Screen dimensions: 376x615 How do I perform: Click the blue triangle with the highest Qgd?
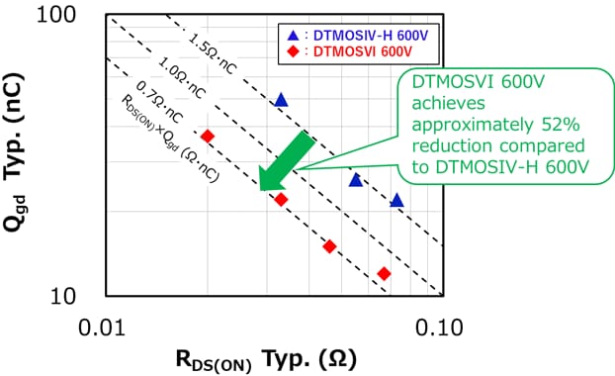coord(281,99)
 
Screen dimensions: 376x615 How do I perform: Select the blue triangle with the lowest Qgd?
coord(396,200)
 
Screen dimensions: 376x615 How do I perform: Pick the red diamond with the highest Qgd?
coord(207,136)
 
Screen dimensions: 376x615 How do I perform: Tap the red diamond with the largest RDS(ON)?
coord(384,273)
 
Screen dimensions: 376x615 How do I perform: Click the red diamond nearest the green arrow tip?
coord(281,199)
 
